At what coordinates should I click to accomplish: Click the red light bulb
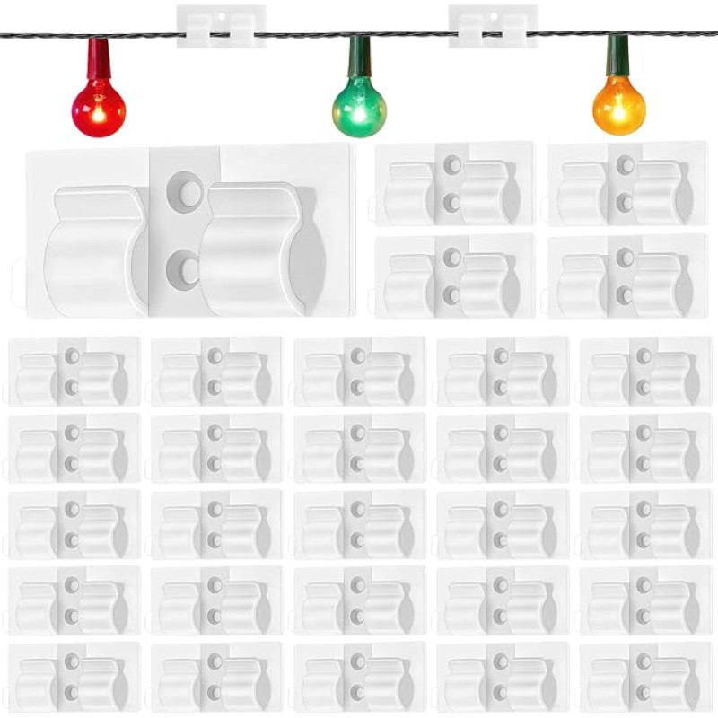[x=99, y=110]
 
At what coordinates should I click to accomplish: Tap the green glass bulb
[x=359, y=110]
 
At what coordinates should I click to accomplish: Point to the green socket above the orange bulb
[x=617, y=54]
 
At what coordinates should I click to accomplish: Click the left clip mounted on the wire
[x=221, y=26]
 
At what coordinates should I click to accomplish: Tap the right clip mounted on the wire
[x=493, y=26]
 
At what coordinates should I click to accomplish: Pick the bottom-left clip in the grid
[x=74, y=676]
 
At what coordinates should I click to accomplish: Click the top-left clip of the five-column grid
[x=74, y=372]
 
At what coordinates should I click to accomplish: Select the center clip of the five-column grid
[x=359, y=523]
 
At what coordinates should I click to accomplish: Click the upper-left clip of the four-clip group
[x=455, y=183]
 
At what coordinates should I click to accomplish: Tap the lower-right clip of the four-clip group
[x=627, y=276]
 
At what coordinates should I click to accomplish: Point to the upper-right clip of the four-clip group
[x=627, y=183]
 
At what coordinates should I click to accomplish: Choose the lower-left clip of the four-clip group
[x=455, y=276]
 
